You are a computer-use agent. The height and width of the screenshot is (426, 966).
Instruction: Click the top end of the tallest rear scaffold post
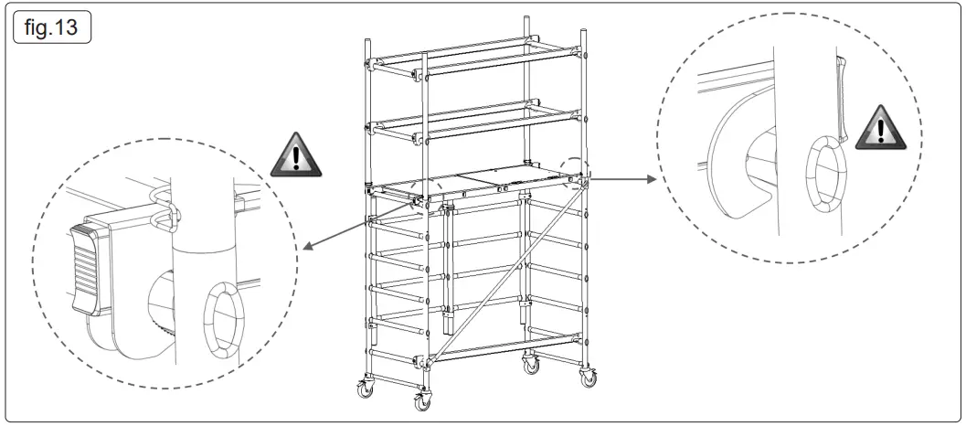[527, 18]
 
